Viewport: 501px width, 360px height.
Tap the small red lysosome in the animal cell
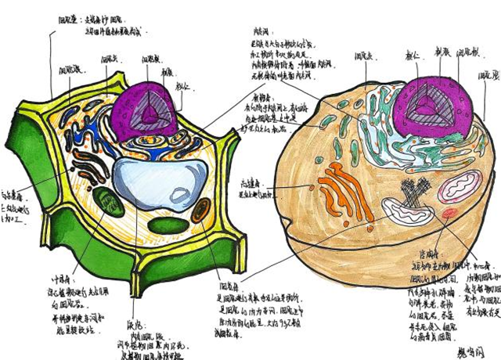[449, 214]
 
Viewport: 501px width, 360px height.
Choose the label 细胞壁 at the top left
[67, 16]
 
